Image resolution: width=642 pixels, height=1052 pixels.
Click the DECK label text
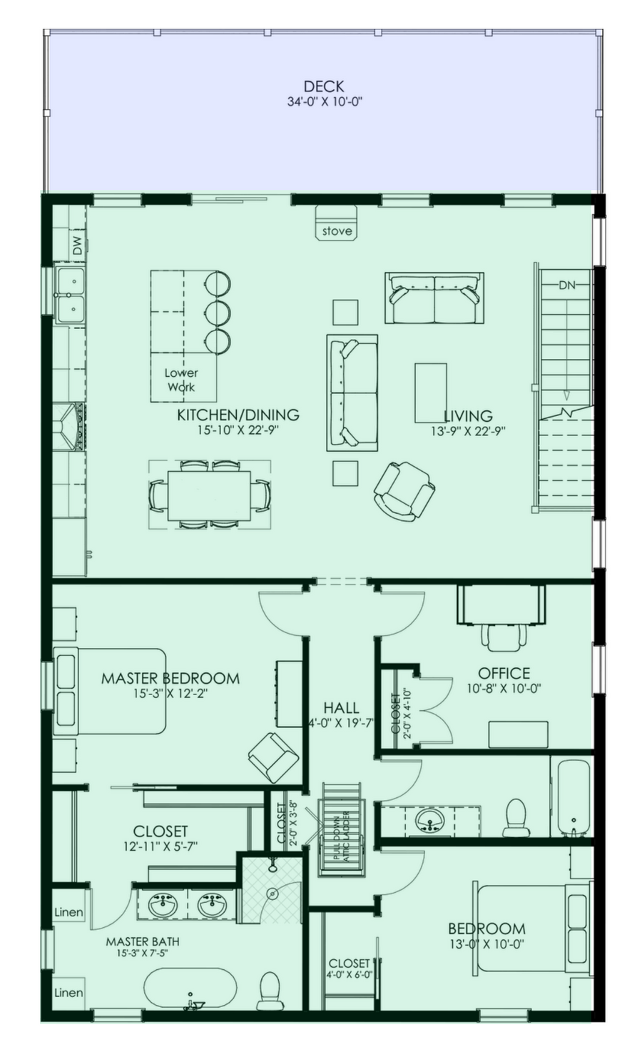pyautogui.click(x=324, y=86)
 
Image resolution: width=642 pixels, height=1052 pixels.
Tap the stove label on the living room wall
pyautogui.click(x=337, y=231)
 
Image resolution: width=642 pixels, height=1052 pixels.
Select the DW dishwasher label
pyautogui.click(x=78, y=245)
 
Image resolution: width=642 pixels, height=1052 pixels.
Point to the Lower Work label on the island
pyautogui.click(x=181, y=380)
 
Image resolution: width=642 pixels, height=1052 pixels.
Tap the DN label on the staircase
pyautogui.click(x=567, y=285)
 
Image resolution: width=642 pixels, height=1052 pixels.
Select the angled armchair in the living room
pyautogui.click(x=404, y=491)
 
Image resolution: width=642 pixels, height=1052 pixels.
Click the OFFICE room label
pyautogui.click(x=504, y=674)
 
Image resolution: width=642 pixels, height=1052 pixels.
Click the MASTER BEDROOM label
pyautogui.click(x=170, y=678)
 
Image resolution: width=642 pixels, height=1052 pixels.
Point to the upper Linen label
pyautogui.click(x=68, y=912)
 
